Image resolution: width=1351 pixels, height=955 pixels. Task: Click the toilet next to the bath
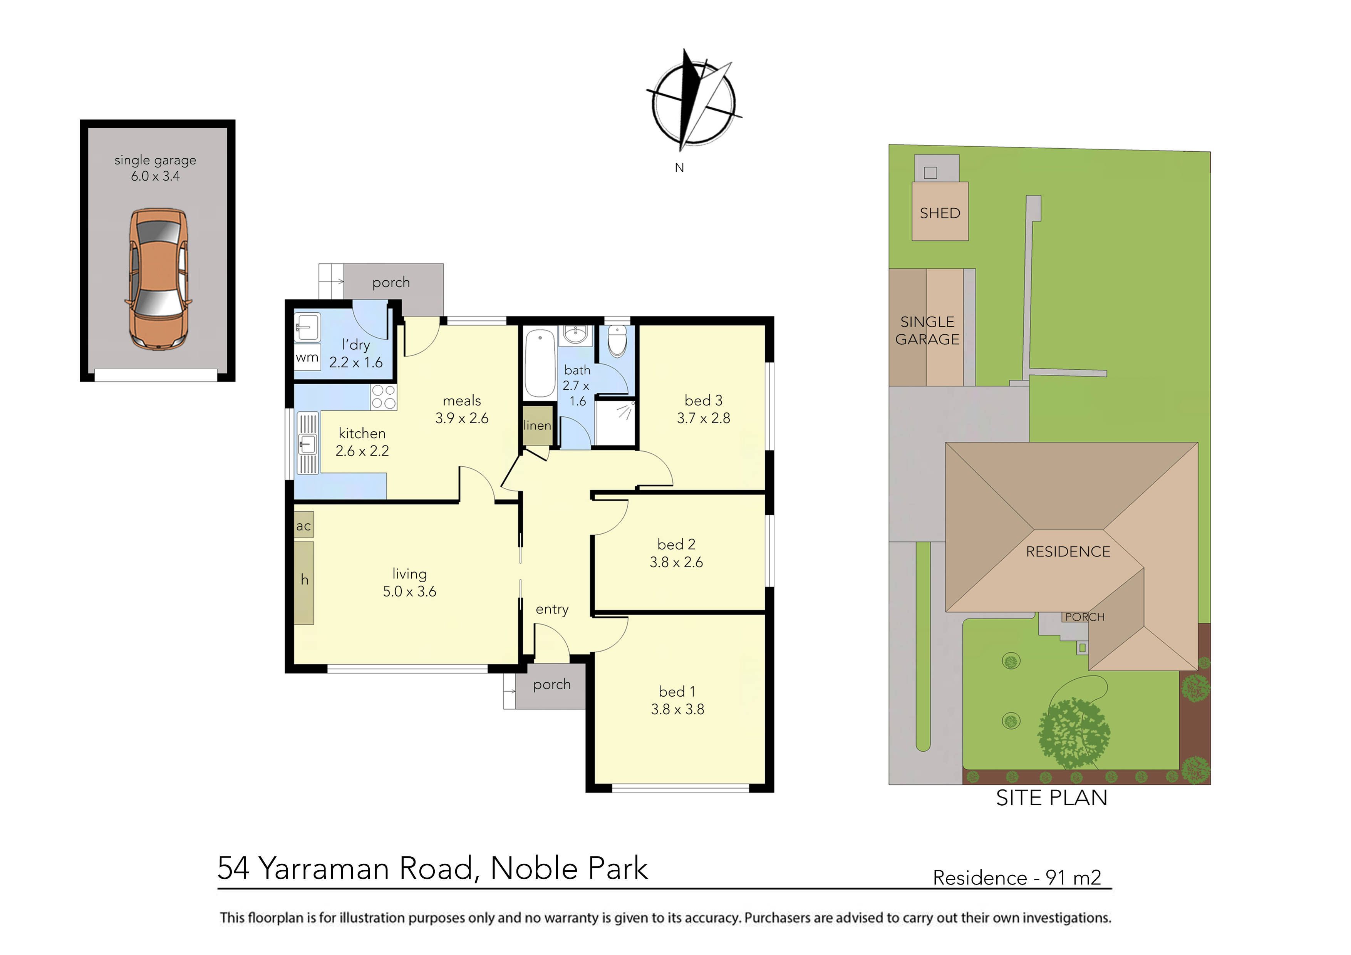coord(617,341)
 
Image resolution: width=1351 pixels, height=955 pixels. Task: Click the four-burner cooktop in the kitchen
coord(384,397)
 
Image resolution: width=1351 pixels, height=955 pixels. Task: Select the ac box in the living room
coord(303,526)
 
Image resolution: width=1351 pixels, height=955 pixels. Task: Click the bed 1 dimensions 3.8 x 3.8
coord(677,709)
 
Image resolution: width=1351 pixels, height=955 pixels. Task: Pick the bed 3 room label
coord(703,400)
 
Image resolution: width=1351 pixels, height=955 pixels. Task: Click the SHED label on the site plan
coord(940,213)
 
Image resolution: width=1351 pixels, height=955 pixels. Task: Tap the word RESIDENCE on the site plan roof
coord(1068,551)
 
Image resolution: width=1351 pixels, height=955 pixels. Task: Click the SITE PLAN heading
coord(1051,797)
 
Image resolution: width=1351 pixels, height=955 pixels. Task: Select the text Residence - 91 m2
coord(1017,877)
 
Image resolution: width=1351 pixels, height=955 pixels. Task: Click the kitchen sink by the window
coord(308,443)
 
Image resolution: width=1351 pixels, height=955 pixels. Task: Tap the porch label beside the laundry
coord(391,282)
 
